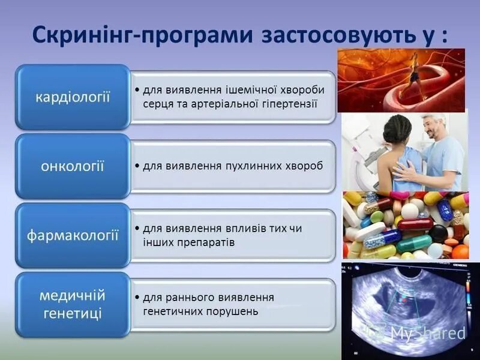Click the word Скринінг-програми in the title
[142, 35]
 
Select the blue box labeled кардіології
[73, 97]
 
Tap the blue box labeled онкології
[73, 166]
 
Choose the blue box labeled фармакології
[73, 235]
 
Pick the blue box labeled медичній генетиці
[73, 304]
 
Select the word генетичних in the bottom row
[171, 311]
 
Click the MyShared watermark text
[427, 334]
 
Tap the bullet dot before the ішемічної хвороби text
[138, 90]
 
